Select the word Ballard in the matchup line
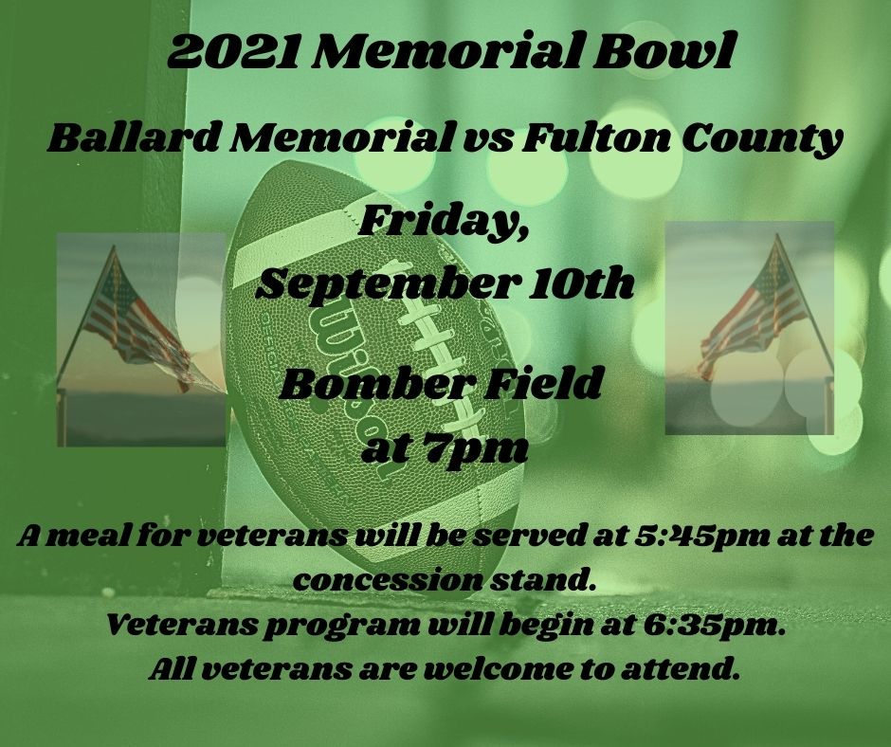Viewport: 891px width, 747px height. coord(134,138)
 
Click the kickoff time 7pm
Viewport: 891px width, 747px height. coord(483,450)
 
